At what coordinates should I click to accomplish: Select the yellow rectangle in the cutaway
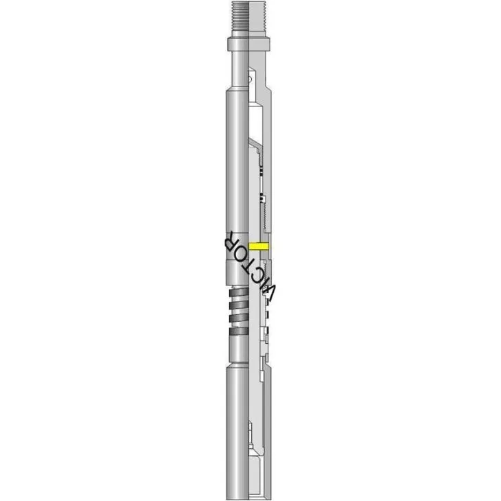(259, 246)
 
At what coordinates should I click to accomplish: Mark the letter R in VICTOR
(228, 240)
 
